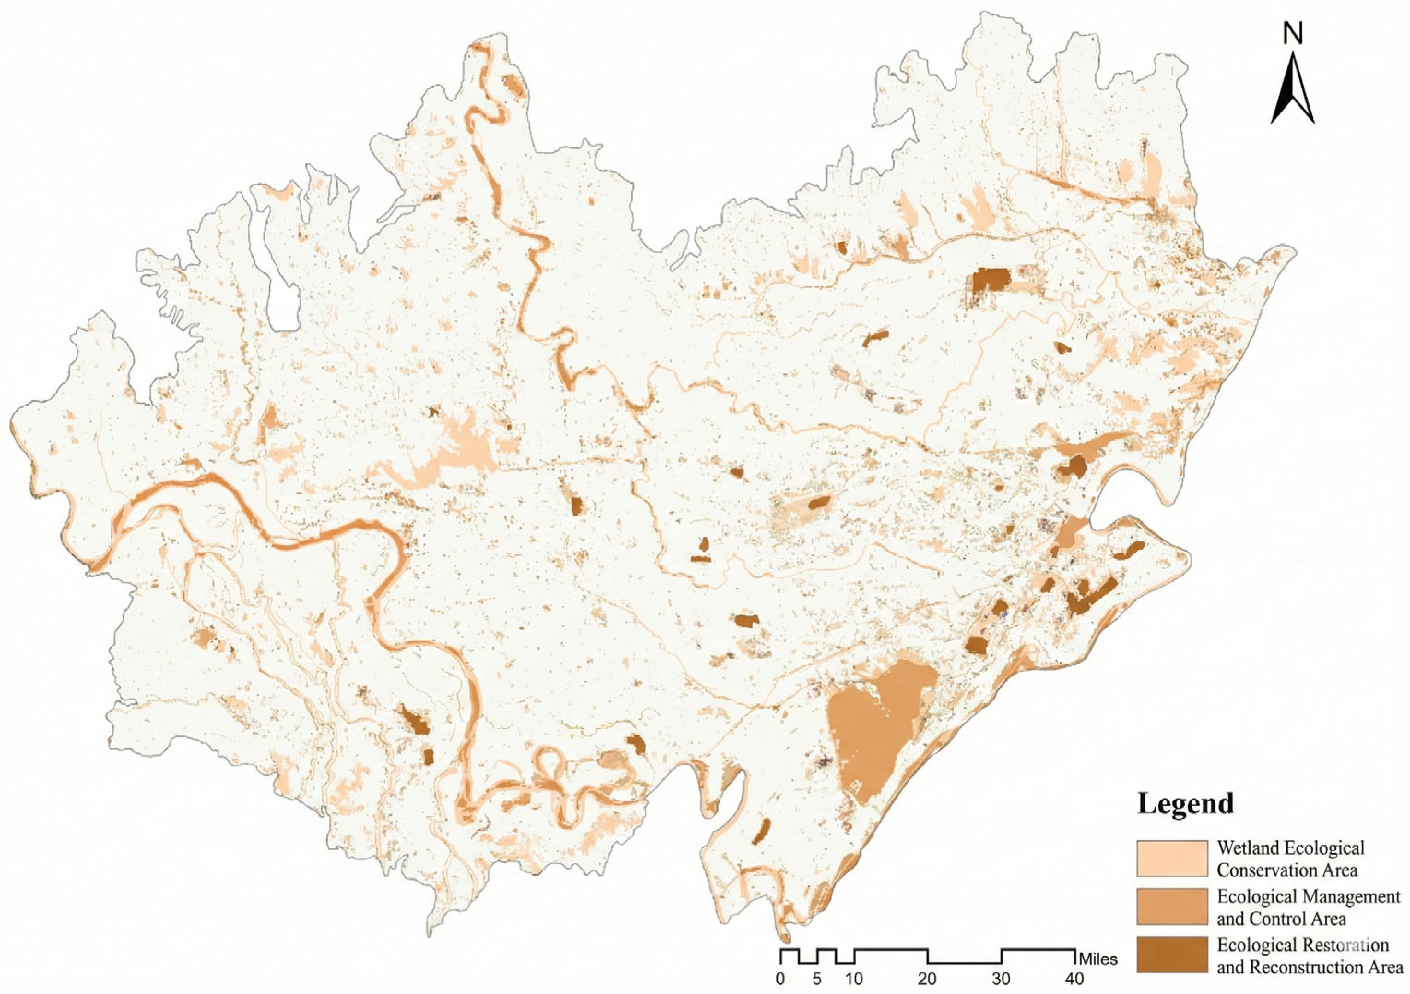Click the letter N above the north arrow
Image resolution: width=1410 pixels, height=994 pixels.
point(1293,35)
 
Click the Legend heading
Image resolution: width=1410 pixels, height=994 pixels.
point(1185,804)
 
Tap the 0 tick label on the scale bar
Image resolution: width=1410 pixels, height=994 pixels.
point(780,979)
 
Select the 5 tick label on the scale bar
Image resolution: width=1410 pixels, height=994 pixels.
point(817,979)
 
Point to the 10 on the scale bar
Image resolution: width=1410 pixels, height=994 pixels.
point(854,979)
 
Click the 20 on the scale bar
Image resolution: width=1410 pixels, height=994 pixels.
point(927,979)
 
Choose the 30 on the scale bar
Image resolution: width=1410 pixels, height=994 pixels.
point(1001,979)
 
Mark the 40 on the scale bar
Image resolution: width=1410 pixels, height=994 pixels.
point(1075,979)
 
